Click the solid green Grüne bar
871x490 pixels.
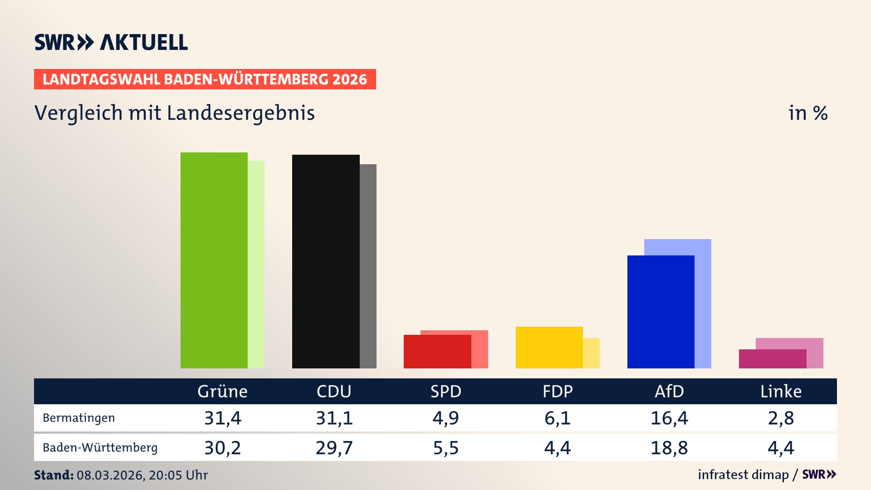214,260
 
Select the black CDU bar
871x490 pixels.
326,261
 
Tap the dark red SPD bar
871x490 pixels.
437,352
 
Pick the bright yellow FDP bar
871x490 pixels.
549,348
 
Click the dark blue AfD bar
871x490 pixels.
661,312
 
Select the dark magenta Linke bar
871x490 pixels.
772,359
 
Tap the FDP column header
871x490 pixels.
558,392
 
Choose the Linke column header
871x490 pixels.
781,392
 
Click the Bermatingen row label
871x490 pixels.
78,418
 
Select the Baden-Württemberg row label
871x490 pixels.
100,448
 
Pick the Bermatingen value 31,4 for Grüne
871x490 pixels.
222,418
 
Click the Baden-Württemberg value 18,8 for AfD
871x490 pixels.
669,448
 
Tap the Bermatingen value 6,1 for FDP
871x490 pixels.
558,418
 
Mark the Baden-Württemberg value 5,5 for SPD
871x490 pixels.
446,448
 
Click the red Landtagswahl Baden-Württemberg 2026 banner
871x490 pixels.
205,79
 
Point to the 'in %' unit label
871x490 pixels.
808,113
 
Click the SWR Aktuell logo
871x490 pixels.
111,42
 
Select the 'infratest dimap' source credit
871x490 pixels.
743,475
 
